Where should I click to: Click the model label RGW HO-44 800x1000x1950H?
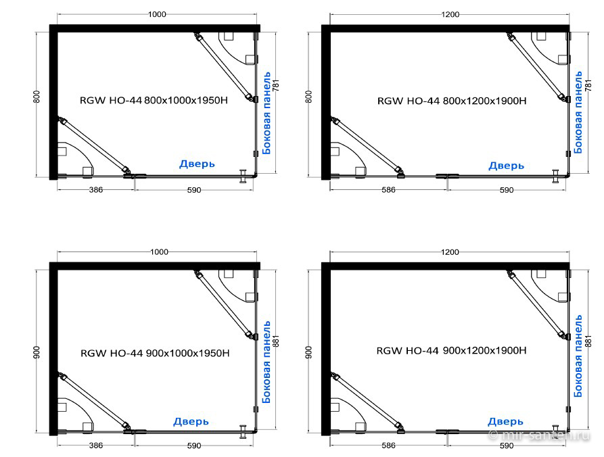pyautogui.click(x=154, y=101)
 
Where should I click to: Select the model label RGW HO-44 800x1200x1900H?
pyautogui.click(x=452, y=101)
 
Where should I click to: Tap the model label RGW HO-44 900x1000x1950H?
pyautogui.click(x=155, y=353)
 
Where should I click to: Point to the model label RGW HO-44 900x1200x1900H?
pyautogui.click(x=451, y=350)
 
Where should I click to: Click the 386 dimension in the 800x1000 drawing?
pyautogui.click(x=96, y=190)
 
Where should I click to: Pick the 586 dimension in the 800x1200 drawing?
pyautogui.click(x=388, y=190)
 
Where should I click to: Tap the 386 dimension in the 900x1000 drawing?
pyautogui.click(x=96, y=446)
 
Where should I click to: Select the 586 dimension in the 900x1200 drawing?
pyautogui.click(x=388, y=446)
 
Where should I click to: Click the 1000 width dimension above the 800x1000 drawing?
pyautogui.click(x=157, y=14)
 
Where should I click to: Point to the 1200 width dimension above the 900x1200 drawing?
pyautogui.click(x=450, y=252)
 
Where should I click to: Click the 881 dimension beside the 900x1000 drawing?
pyautogui.click(x=275, y=341)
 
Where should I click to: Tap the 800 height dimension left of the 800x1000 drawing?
pyautogui.click(x=37, y=97)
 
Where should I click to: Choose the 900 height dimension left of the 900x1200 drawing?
pyautogui.click(x=309, y=352)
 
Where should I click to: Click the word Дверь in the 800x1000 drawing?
pyautogui.click(x=197, y=164)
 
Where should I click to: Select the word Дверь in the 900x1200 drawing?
pyautogui.click(x=505, y=422)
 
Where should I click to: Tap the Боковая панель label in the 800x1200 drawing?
pyautogui.click(x=578, y=112)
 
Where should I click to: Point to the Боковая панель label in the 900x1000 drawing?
pyautogui.click(x=266, y=362)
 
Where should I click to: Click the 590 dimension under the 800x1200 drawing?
pyautogui.click(x=507, y=190)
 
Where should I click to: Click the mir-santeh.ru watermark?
pyautogui.click(x=539, y=435)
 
